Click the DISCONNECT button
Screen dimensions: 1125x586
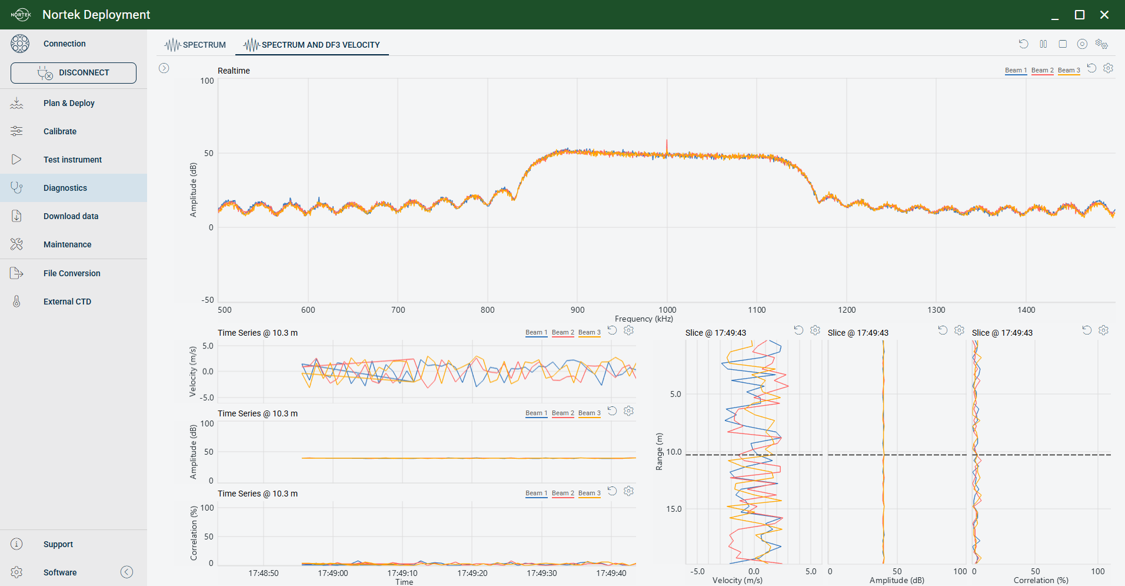[x=74, y=73]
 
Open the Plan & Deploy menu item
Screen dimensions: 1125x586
[x=69, y=103]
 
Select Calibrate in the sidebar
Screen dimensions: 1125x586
[x=60, y=131]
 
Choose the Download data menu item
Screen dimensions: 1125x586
[x=71, y=216]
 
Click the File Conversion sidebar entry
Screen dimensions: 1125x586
[x=72, y=273]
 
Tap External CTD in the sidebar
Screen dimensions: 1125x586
[x=67, y=302]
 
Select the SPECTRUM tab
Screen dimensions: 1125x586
[x=195, y=45]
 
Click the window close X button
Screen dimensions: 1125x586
[x=1104, y=15]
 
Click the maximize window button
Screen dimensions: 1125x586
[x=1080, y=15]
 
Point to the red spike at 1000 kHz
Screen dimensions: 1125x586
[x=667, y=147]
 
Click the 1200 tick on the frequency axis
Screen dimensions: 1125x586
[x=847, y=310]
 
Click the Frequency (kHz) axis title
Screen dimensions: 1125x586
[x=644, y=319]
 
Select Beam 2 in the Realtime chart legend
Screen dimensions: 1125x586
[x=1043, y=71]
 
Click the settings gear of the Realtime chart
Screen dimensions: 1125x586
[x=1108, y=68]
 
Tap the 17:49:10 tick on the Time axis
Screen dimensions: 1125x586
[x=402, y=573]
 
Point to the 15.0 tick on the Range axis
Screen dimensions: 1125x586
[x=674, y=509]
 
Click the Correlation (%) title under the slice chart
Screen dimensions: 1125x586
[x=1041, y=580]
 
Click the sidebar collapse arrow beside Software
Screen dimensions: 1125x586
[x=127, y=572]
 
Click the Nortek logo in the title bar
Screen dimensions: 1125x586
[x=21, y=15]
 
